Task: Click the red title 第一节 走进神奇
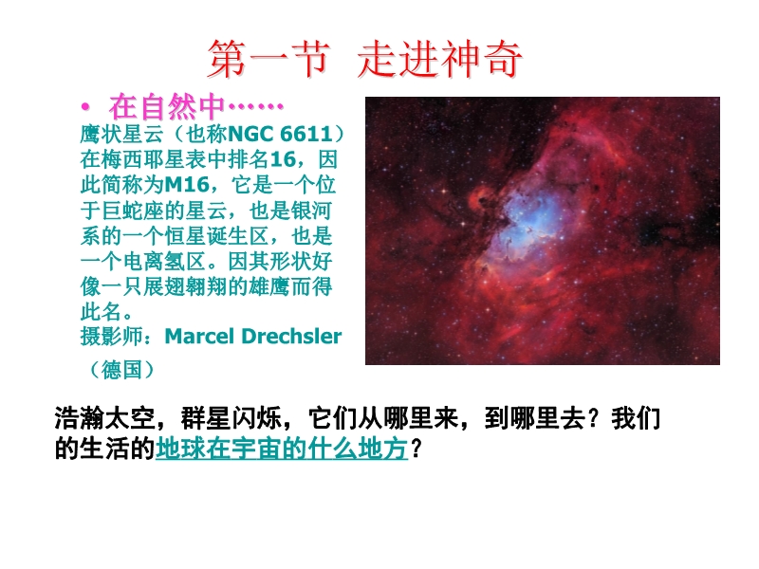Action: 365,59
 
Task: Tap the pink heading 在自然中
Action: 167,107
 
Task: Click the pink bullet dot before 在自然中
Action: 85,107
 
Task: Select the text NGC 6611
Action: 280,134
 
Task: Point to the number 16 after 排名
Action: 283,159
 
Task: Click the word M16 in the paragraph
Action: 187,185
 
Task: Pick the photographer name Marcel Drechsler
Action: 253,337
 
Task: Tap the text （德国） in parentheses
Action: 121,370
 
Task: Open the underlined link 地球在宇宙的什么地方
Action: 282,449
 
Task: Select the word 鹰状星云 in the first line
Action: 122,134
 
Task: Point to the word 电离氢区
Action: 164,262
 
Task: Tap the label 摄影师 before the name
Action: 112,337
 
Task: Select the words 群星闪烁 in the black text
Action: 231,418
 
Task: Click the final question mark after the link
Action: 417,449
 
